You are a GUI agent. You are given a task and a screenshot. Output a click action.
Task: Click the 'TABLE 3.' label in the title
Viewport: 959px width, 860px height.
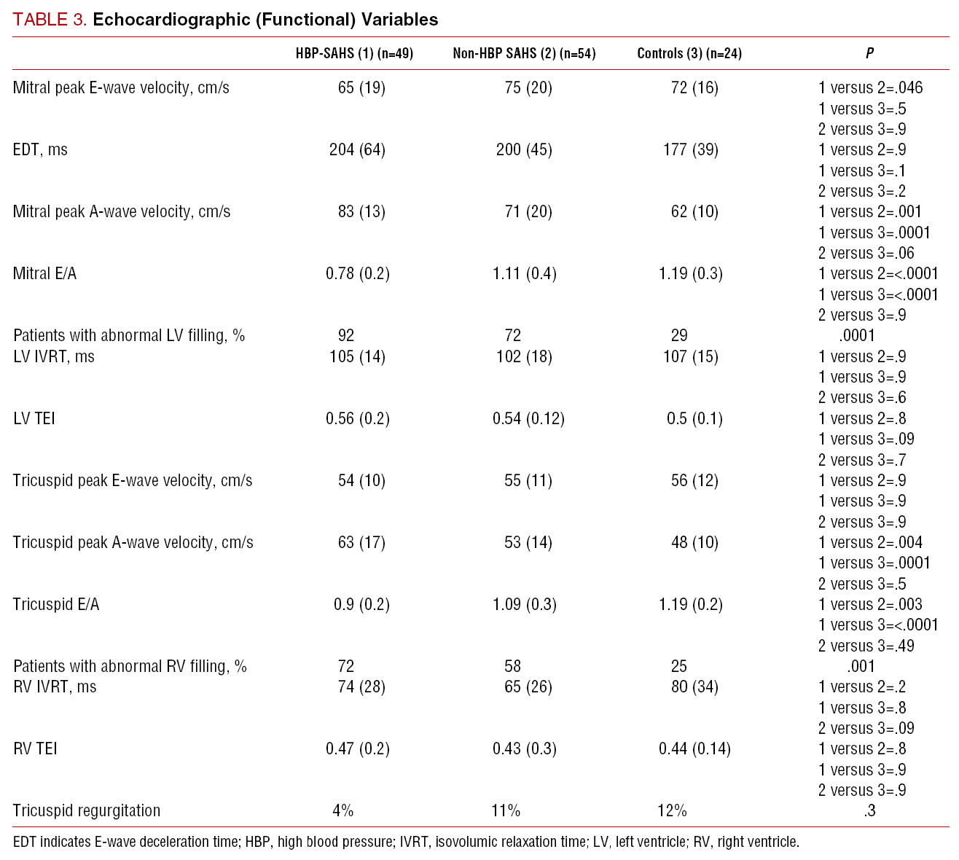(x=50, y=20)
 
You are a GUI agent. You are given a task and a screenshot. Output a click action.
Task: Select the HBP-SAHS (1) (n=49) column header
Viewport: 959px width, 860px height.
(x=354, y=53)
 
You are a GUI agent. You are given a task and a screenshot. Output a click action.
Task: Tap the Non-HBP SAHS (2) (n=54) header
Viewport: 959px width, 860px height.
(x=524, y=53)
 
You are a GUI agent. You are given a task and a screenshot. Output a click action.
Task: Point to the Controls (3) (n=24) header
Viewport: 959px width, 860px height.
(x=689, y=53)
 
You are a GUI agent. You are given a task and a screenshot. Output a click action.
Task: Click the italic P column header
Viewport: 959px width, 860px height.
(x=869, y=53)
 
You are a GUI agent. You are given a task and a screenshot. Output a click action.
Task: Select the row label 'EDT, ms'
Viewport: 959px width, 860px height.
(x=40, y=150)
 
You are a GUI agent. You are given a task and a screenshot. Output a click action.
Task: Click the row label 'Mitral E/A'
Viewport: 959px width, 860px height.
(x=44, y=274)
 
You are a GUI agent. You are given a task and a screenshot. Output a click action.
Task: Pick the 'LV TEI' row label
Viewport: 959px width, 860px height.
(x=34, y=418)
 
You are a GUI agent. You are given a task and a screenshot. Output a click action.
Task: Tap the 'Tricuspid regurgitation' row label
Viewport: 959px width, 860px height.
(x=87, y=810)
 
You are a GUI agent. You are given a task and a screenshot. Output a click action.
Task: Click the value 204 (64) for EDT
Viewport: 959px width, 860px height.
(x=357, y=150)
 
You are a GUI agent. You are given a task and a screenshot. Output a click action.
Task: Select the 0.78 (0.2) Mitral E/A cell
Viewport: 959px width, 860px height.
(x=357, y=274)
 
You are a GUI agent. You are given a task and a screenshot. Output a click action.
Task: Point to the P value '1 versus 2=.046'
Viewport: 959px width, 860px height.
(x=870, y=88)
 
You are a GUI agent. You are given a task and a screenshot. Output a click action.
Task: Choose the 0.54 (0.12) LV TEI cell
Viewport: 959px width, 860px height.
(x=528, y=418)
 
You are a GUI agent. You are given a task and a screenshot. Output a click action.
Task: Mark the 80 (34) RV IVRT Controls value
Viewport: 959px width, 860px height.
(x=694, y=687)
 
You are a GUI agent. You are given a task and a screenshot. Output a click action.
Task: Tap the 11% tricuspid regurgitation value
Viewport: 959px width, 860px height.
(x=506, y=810)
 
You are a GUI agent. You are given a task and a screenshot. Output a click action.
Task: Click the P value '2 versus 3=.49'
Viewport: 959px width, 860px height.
(x=866, y=646)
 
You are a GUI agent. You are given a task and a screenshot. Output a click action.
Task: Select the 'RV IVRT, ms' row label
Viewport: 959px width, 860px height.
(x=55, y=687)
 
